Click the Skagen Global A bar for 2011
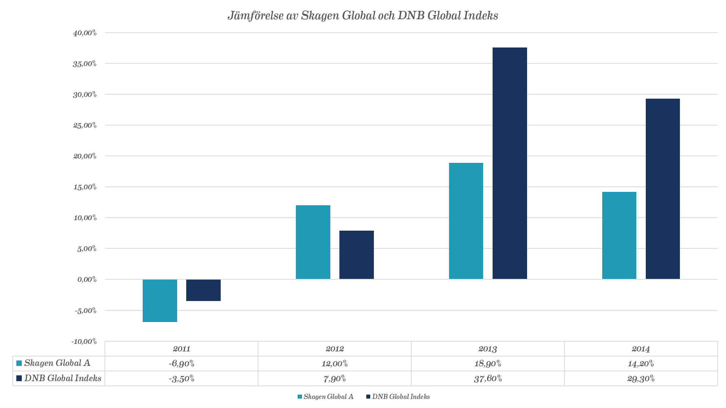[x=160, y=300]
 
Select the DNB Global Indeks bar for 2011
[x=203, y=290]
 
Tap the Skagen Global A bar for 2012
[x=313, y=242]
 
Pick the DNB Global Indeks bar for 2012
[x=356, y=255]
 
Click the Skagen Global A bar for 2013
[x=466, y=221]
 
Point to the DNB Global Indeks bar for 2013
[x=510, y=163]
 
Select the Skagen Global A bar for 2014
[x=619, y=235]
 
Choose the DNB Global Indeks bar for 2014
[x=663, y=189]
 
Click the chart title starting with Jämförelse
[x=363, y=16]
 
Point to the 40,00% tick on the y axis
[x=85, y=33]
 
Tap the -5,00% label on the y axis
[x=86, y=310]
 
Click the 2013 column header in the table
[x=488, y=349]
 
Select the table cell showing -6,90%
[x=181, y=363]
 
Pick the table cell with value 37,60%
[x=488, y=379]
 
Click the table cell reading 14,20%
[x=641, y=363]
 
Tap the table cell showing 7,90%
[x=334, y=379]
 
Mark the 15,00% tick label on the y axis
[x=85, y=187]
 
